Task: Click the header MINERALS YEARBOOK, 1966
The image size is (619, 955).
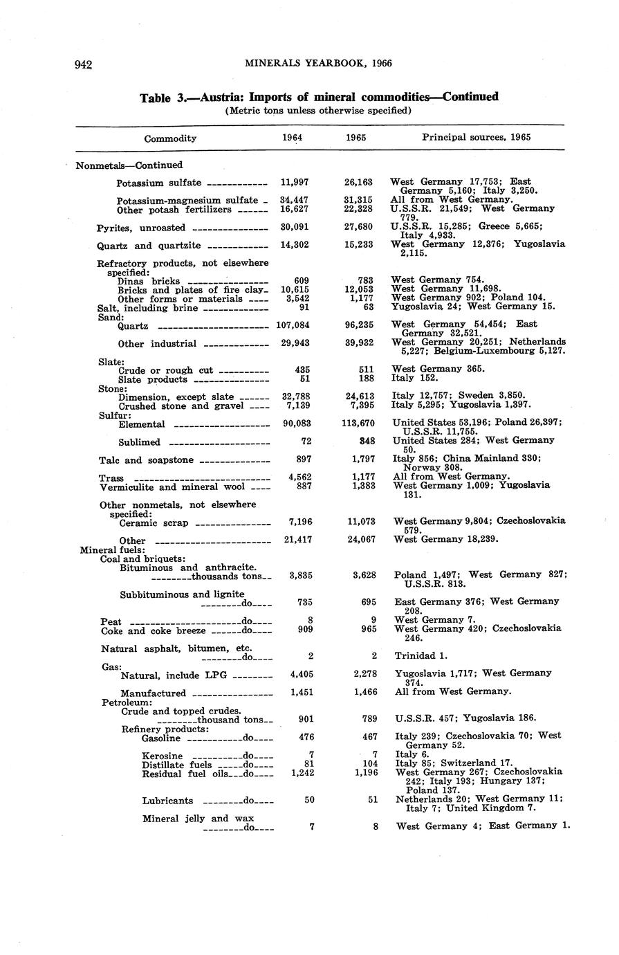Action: pyautogui.click(x=318, y=64)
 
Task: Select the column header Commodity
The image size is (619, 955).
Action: pyautogui.click(x=170, y=138)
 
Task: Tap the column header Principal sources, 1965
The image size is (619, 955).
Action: pyautogui.click(x=477, y=137)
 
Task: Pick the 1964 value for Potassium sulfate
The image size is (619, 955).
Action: pyautogui.click(x=294, y=183)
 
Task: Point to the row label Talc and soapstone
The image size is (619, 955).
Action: pyautogui.click(x=148, y=460)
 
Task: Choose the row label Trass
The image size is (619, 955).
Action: pyautogui.click(x=112, y=478)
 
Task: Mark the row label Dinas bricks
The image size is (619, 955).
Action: pyautogui.click(x=148, y=281)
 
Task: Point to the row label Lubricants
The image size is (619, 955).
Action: pyautogui.click(x=167, y=801)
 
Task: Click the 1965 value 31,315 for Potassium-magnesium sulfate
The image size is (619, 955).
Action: pyautogui.click(x=358, y=200)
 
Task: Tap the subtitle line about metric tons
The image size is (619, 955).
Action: pyautogui.click(x=318, y=110)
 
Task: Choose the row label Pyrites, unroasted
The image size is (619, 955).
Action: pyautogui.click(x=141, y=228)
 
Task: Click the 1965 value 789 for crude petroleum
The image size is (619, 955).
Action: pyautogui.click(x=364, y=718)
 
